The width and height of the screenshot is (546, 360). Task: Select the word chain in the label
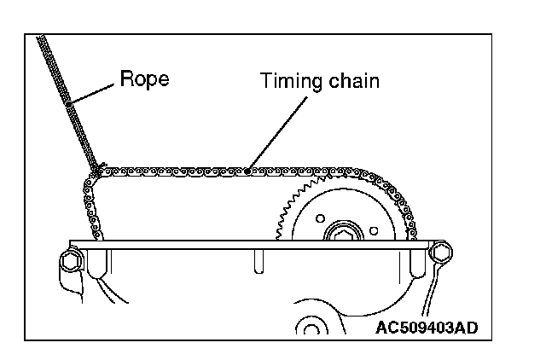350,82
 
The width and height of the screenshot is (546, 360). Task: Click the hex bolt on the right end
443,253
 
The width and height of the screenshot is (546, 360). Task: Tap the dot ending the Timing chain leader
247,171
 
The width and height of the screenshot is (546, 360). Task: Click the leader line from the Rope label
94,94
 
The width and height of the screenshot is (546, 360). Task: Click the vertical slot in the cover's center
257,260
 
